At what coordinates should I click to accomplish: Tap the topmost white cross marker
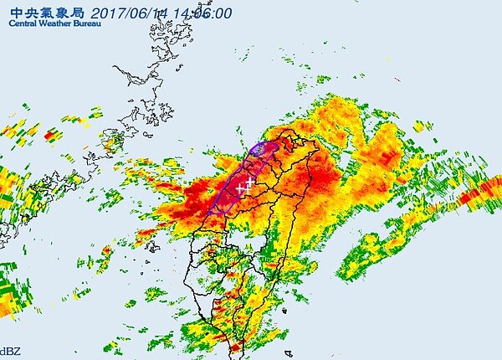pyautogui.click(x=249, y=182)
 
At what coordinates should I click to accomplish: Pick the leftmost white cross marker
pyautogui.click(x=241, y=188)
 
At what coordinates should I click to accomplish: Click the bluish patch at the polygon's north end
pyautogui.click(x=260, y=149)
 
